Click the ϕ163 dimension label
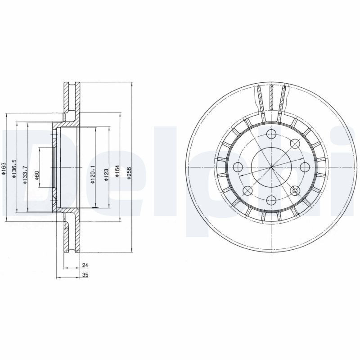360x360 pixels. click(x=4, y=167)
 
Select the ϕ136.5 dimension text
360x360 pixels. click(x=14, y=168)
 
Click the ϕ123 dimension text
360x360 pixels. click(x=106, y=174)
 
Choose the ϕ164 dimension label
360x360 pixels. click(x=117, y=172)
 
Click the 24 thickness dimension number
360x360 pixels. click(x=84, y=265)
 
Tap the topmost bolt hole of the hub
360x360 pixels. click(x=271, y=134)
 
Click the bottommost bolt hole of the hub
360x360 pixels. click(x=271, y=200)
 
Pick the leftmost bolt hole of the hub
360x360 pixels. click(x=238, y=167)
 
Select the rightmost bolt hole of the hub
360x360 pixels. click(x=304, y=167)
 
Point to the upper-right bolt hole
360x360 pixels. click(x=295, y=144)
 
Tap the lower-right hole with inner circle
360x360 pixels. click(x=295, y=191)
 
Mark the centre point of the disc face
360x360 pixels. click(x=271, y=167)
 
